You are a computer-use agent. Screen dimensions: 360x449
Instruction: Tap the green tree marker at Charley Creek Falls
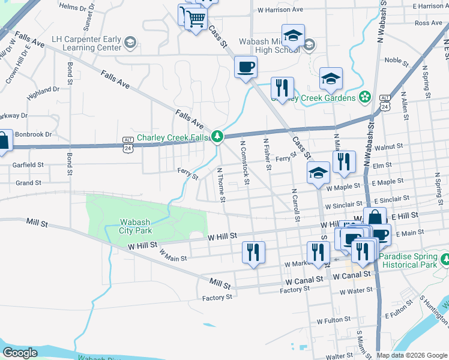tap(217, 137)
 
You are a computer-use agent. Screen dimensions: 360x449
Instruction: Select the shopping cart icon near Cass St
tap(194, 19)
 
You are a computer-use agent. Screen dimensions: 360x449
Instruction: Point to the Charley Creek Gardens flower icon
tap(364, 97)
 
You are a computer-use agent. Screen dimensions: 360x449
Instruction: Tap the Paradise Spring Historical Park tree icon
tap(445, 260)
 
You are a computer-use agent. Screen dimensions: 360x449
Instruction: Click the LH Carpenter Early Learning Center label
tap(87, 43)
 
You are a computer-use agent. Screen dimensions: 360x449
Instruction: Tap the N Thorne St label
tap(220, 184)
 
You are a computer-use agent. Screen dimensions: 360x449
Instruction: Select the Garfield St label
tap(29, 164)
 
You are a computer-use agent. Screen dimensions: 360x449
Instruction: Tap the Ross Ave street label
tap(428, 23)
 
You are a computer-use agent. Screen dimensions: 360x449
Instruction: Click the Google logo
tap(20, 353)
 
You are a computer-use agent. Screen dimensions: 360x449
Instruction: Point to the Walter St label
tap(340, 356)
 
